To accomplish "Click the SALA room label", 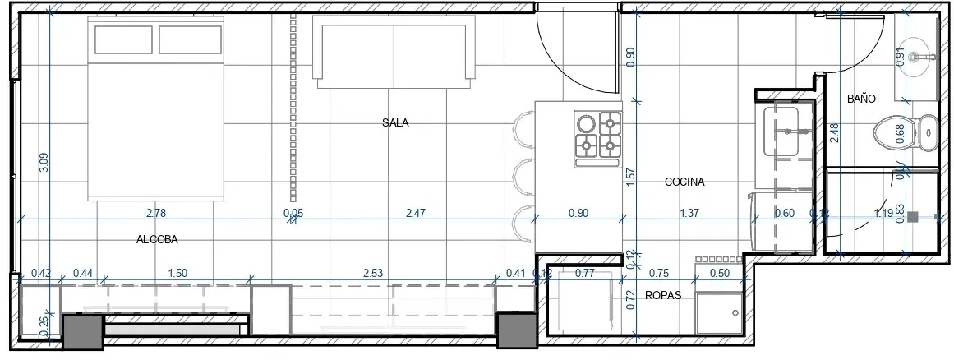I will (x=395, y=123).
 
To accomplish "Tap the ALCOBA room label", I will (x=157, y=240).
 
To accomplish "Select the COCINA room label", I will (x=684, y=182).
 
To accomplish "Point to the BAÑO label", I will (x=861, y=99).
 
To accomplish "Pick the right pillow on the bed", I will (x=190, y=39).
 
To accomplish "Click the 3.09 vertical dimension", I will (x=44, y=163).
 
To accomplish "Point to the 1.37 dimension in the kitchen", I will (x=689, y=214).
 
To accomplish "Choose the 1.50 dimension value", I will (x=177, y=273).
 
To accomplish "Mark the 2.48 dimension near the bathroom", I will (x=834, y=133).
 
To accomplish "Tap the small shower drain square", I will (x=912, y=218).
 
